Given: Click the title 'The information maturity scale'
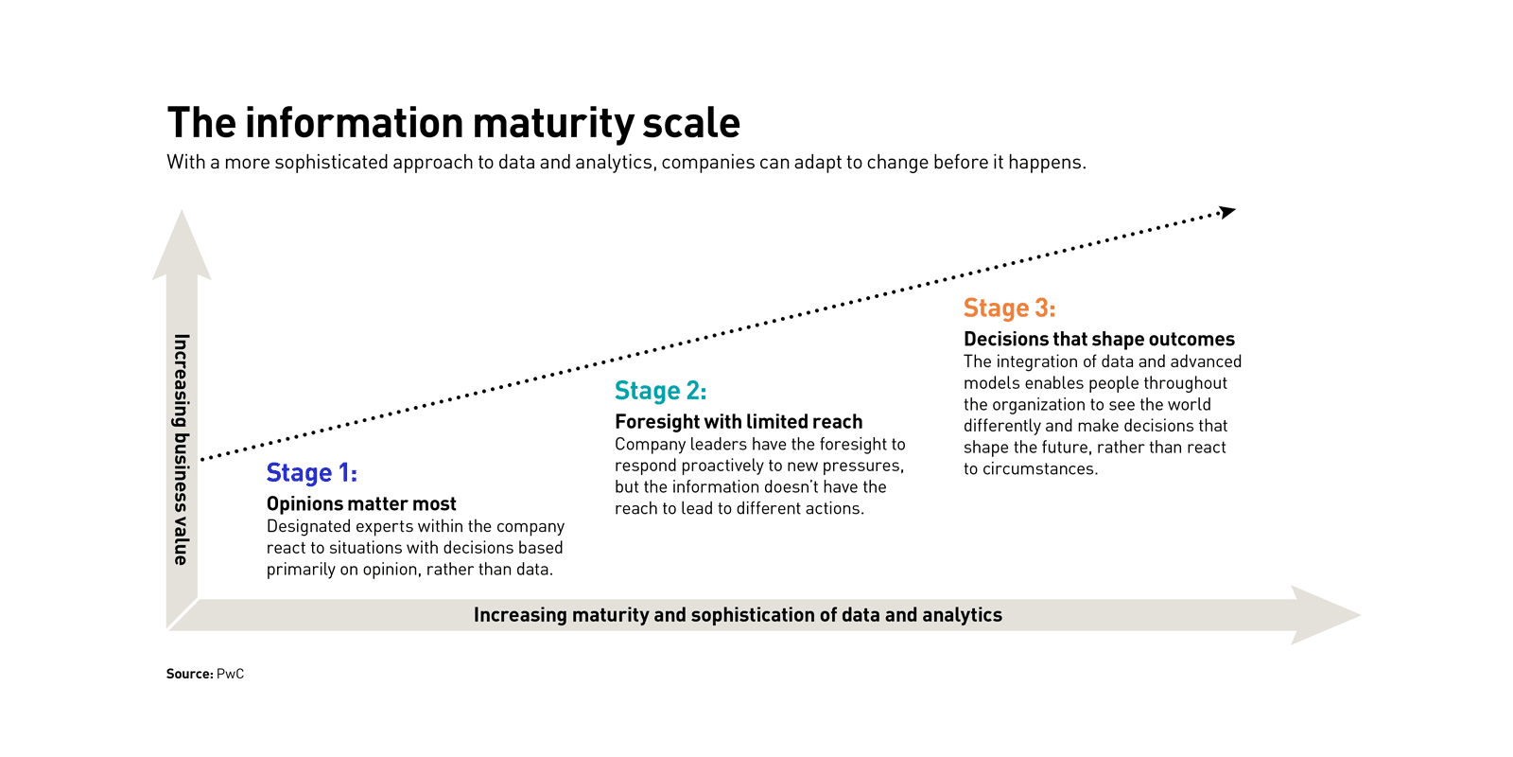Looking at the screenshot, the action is click(x=453, y=123).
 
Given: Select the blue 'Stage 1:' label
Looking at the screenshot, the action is click(x=311, y=472).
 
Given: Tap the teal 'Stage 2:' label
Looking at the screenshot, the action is click(x=660, y=391).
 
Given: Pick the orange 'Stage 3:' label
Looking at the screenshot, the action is click(x=1009, y=308).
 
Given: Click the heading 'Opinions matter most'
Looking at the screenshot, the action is click(x=361, y=503).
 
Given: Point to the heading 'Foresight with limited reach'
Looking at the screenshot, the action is click(x=739, y=422).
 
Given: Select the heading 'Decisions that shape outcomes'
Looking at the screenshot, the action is click(x=1099, y=340).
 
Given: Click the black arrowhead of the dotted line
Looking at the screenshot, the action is click(x=1227, y=212).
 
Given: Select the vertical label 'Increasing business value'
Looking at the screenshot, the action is click(x=181, y=449).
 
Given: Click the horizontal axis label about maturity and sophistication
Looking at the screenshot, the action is click(x=738, y=615).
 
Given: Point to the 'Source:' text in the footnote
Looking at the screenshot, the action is click(x=190, y=674).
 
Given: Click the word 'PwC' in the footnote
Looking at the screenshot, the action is click(x=231, y=674).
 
